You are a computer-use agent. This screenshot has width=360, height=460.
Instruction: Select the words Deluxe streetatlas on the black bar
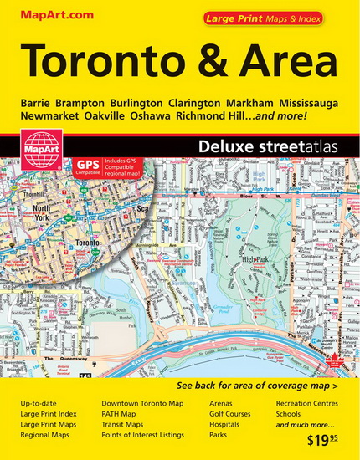[255, 147]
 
